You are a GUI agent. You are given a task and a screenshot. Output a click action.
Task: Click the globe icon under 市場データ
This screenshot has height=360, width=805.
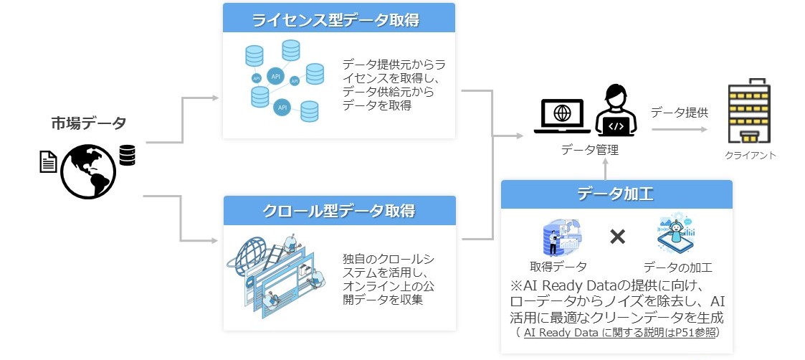[88, 172]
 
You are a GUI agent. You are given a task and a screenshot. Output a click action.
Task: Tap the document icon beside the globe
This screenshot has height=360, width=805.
[47, 161]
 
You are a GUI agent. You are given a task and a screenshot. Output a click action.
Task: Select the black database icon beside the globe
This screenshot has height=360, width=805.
[128, 155]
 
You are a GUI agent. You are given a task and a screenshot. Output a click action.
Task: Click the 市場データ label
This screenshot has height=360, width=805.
[88, 122]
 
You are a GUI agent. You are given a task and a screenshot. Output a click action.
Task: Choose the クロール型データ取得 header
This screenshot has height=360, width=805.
[339, 211]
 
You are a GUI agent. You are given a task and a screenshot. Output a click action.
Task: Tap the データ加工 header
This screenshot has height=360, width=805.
[616, 194]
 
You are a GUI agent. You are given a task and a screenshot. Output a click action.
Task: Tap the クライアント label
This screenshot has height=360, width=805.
[749, 155]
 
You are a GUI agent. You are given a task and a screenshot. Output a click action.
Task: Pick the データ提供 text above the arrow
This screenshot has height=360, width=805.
[679, 112]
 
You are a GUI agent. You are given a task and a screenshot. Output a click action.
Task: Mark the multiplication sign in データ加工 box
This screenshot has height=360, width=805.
[617, 237]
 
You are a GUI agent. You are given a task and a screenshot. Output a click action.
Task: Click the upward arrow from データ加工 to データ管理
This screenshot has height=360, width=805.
[606, 169]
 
